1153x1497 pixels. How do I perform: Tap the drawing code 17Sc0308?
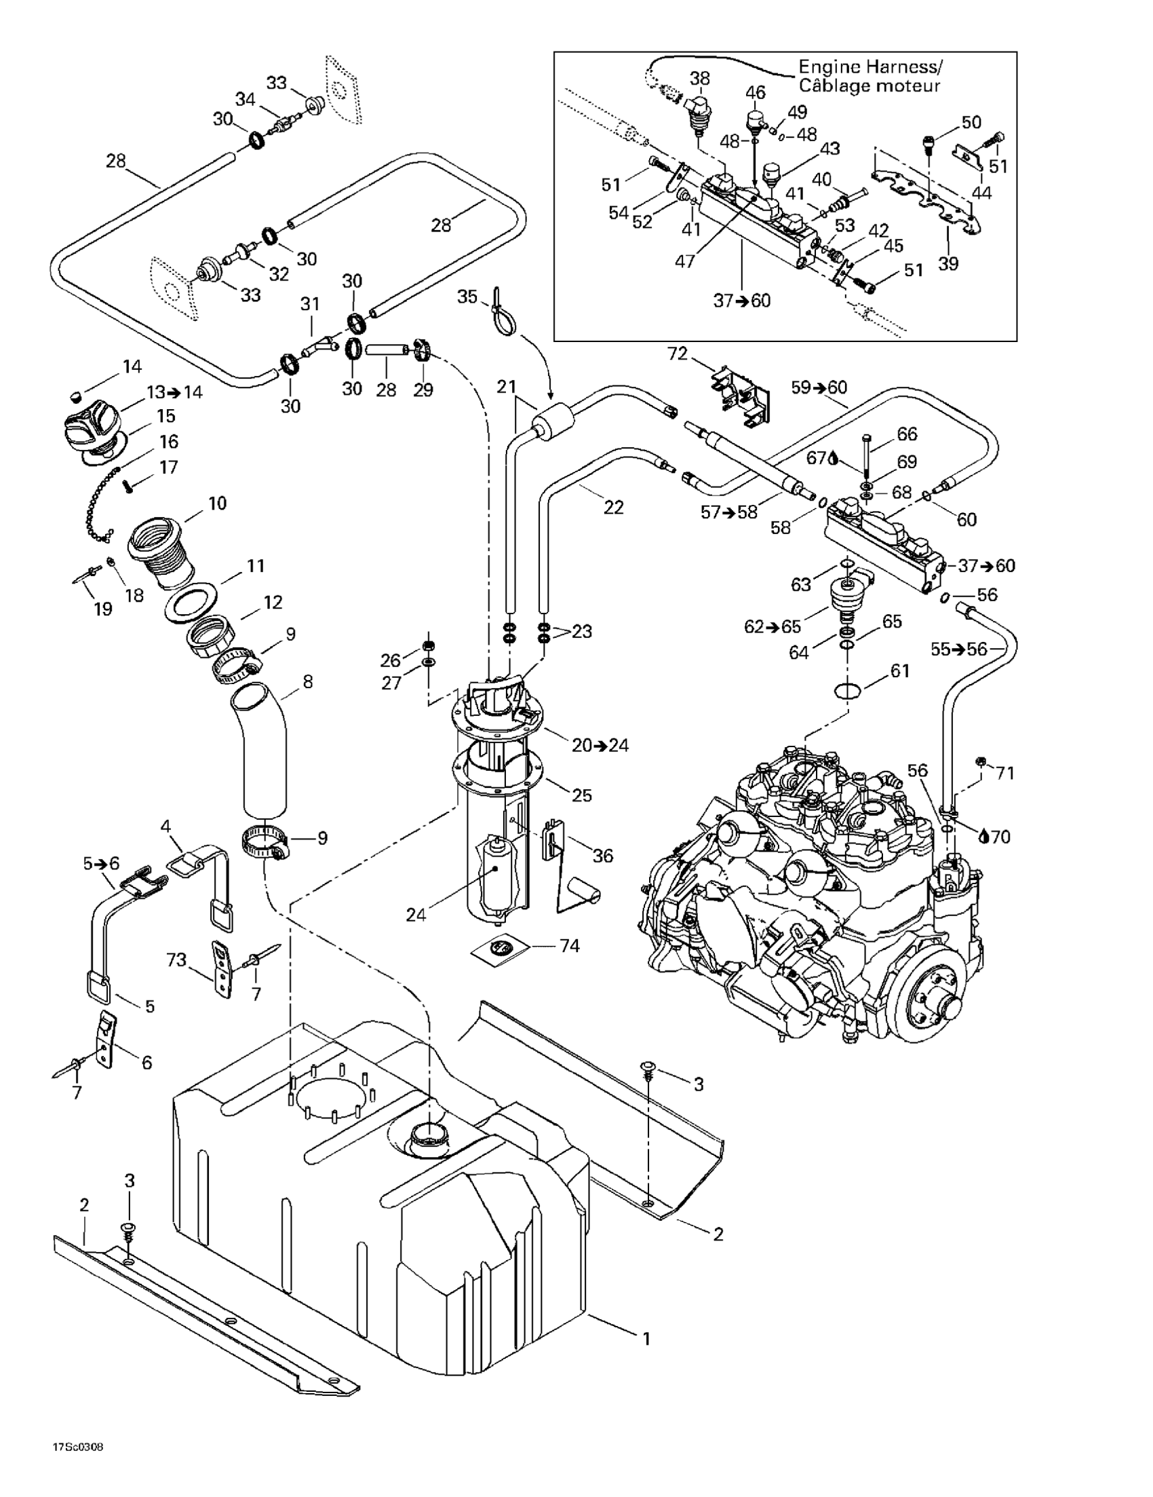click(77, 1447)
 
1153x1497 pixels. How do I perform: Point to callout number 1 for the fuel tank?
click(646, 1338)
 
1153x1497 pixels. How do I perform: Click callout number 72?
click(677, 354)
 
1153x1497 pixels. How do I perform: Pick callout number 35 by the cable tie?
click(467, 297)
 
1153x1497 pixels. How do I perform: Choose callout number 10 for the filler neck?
click(217, 503)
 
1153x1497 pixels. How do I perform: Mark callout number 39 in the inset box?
click(948, 264)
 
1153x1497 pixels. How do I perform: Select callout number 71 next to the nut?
click(1005, 772)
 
